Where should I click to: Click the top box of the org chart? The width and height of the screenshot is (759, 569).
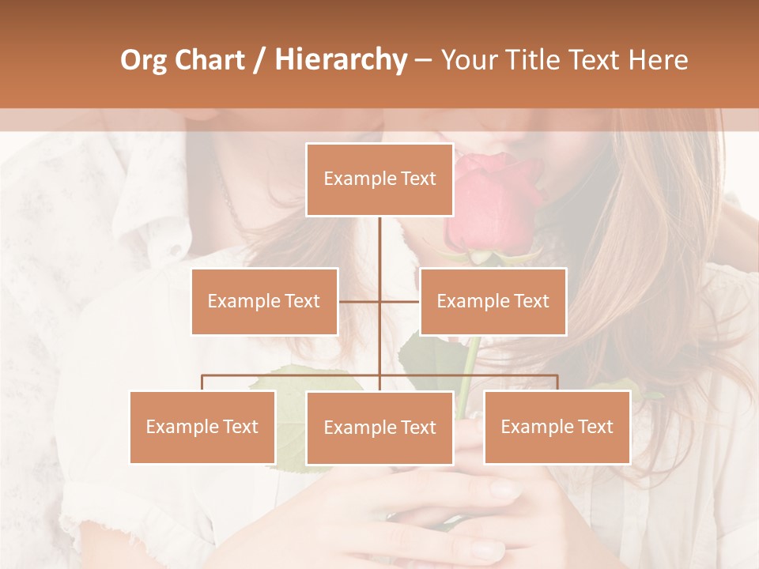coord(379,179)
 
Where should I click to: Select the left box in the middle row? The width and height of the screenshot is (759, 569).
coord(264,301)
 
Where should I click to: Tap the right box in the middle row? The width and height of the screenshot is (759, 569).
coord(493,301)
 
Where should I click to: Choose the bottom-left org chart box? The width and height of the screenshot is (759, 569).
coord(202,427)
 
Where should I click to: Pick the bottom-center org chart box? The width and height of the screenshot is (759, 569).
coord(379,428)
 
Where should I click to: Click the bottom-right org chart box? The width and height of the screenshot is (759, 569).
coord(557,427)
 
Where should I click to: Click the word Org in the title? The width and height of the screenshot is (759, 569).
coord(143,60)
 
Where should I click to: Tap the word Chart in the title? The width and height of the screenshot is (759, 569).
coord(210,60)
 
